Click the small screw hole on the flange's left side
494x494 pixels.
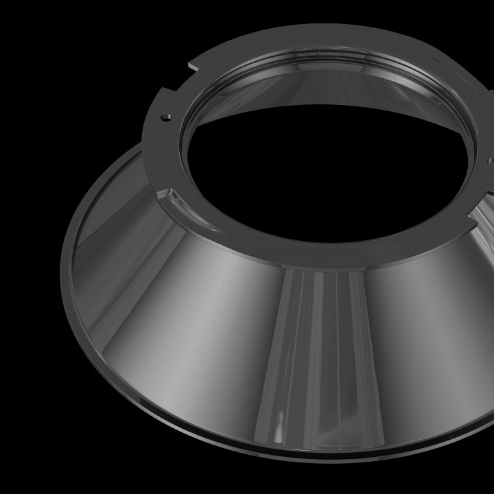(165, 117)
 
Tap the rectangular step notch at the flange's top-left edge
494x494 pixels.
(193, 65)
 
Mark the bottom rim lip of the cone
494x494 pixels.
(274, 449)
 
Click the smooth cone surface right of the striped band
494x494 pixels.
(425, 343)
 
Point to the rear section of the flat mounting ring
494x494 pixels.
(309, 38)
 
